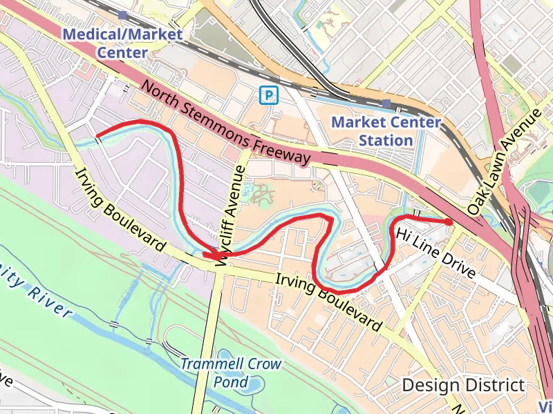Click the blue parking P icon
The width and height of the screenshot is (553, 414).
267,95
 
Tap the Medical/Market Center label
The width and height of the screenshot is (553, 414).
122,43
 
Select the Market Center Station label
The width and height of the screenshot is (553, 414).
386,131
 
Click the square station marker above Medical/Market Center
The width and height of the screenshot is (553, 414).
123,14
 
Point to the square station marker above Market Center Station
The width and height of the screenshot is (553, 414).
386,104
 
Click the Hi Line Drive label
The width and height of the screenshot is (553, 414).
435,253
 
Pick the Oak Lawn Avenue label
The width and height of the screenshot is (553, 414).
503,161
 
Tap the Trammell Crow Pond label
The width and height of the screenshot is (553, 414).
231,372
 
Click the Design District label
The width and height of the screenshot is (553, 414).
463,385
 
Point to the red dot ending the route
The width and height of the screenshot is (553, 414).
449,221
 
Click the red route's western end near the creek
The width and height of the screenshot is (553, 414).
97,135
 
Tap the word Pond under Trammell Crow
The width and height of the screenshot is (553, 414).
231,381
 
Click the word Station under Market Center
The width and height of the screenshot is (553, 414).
386,140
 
